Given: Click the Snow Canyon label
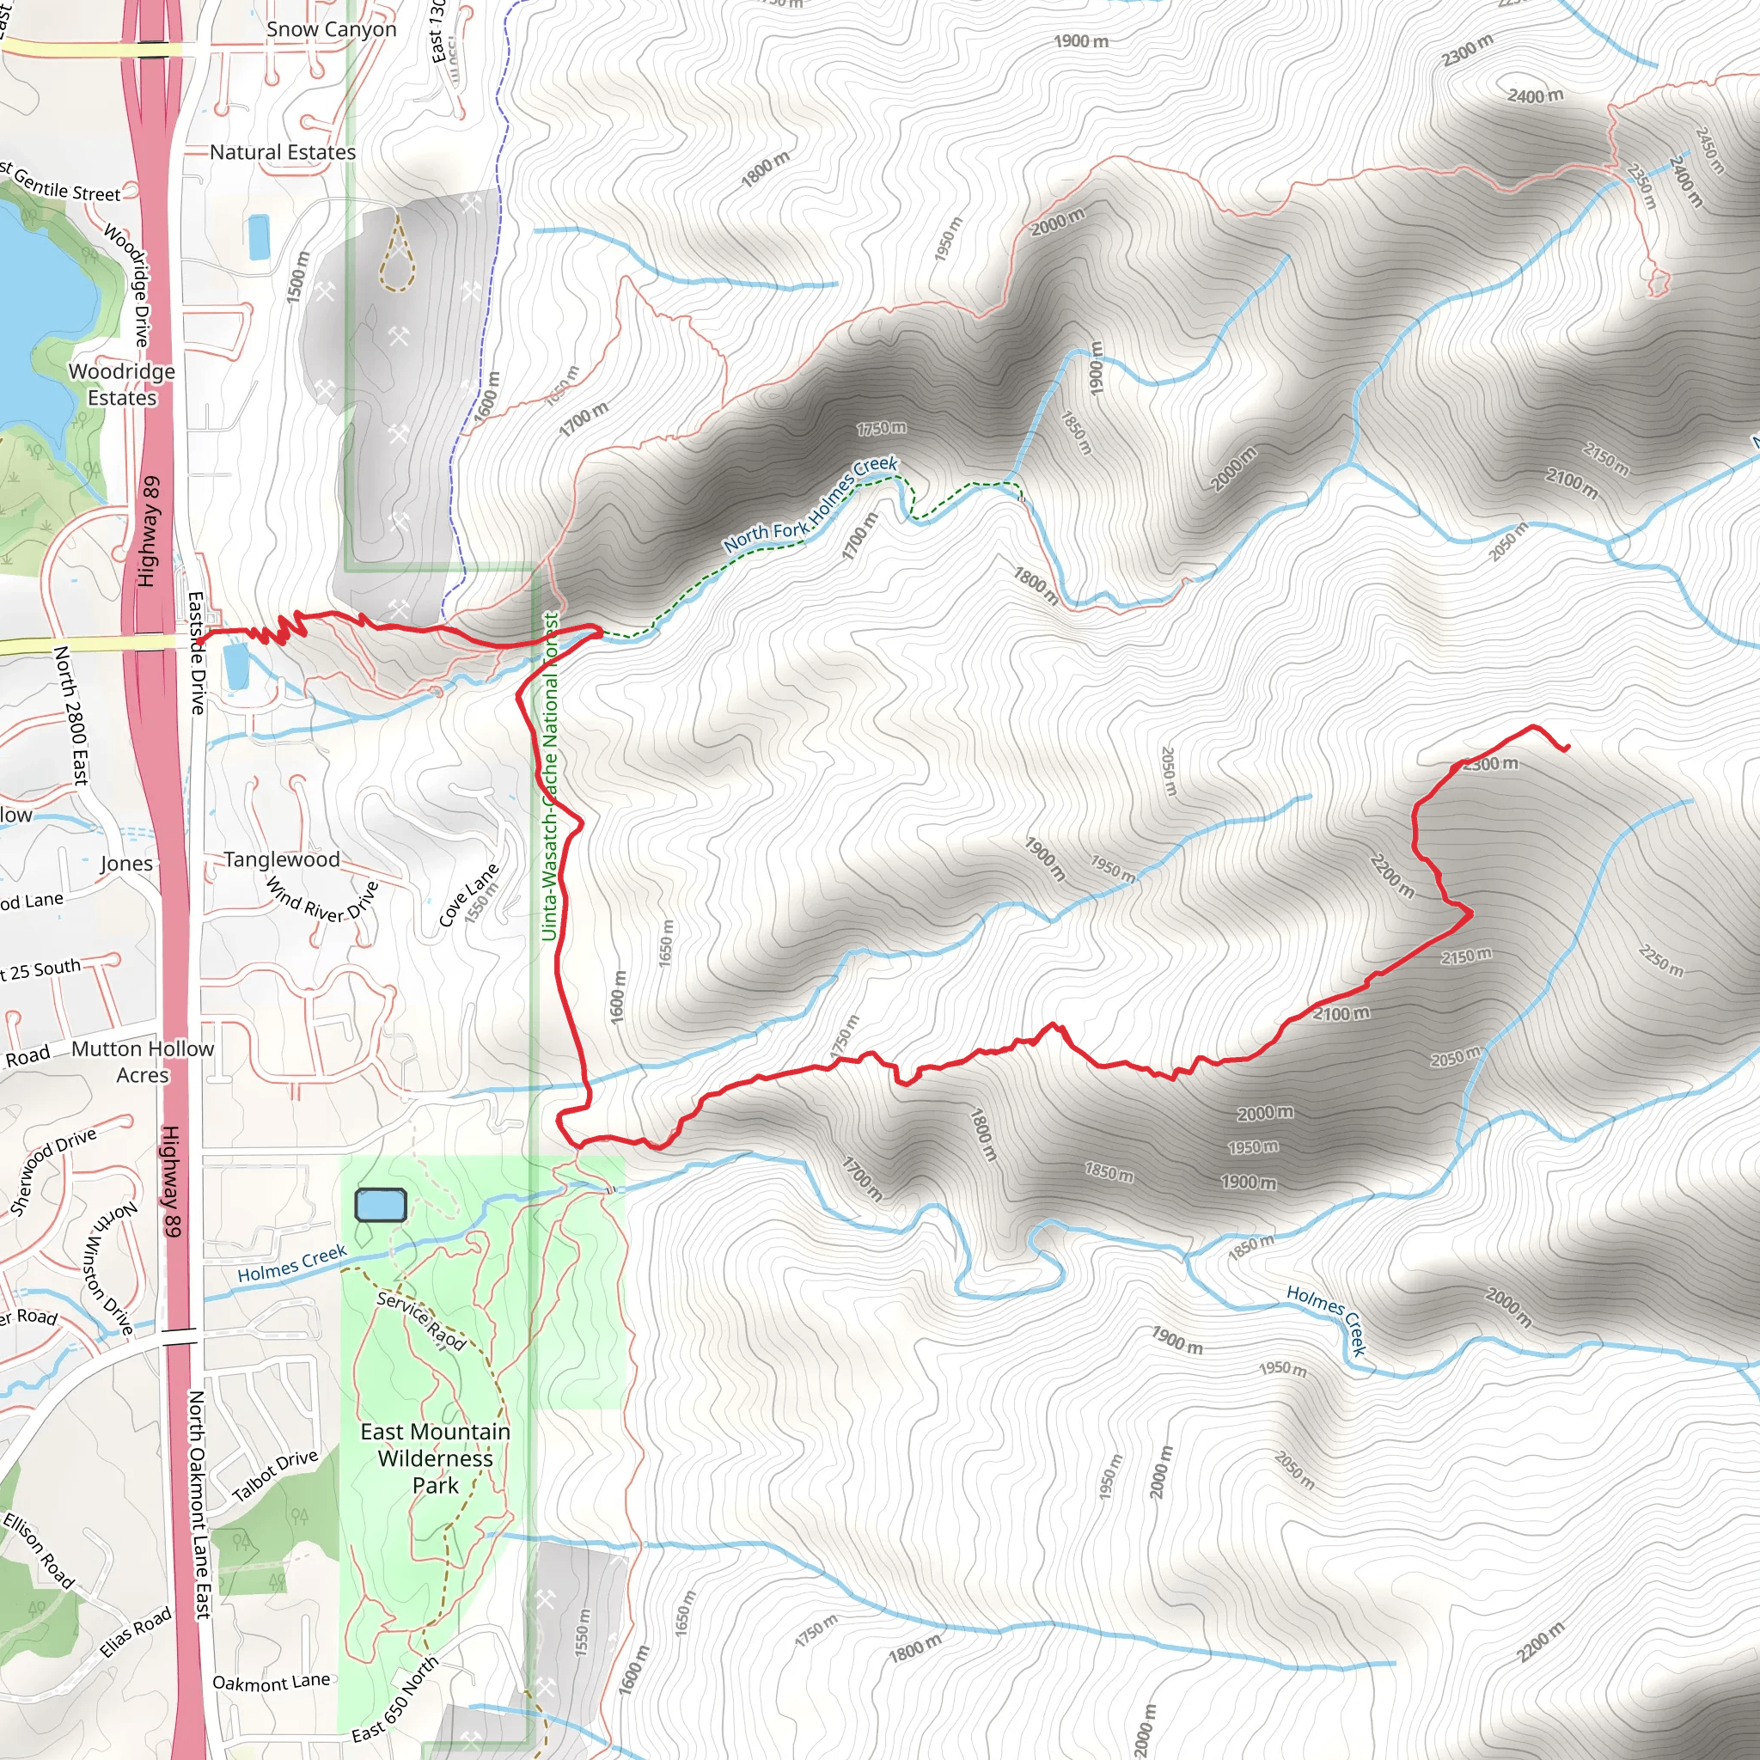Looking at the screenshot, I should (x=331, y=30).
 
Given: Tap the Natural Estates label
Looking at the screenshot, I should (x=283, y=152).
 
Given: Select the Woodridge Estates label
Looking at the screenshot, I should (x=122, y=384).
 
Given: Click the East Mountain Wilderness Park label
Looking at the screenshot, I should (x=435, y=1457).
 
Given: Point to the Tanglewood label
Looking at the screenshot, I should (x=282, y=859).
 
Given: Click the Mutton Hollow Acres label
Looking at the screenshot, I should (x=143, y=1061).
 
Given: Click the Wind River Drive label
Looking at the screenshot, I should (x=321, y=900).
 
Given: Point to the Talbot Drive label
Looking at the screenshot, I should (x=275, y=1475).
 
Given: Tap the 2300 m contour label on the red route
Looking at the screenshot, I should (x=1490, y=763).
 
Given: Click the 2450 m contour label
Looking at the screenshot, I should (x=1709, y=150).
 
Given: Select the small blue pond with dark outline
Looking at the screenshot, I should (x=380, y=1204).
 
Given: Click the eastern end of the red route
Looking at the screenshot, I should (x=1567, y=748).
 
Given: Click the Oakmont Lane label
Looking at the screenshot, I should (x=271, y=1682).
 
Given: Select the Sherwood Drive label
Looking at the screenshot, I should (x=52, y=1171).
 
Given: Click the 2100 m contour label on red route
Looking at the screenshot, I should (x=1341, y=1013).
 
